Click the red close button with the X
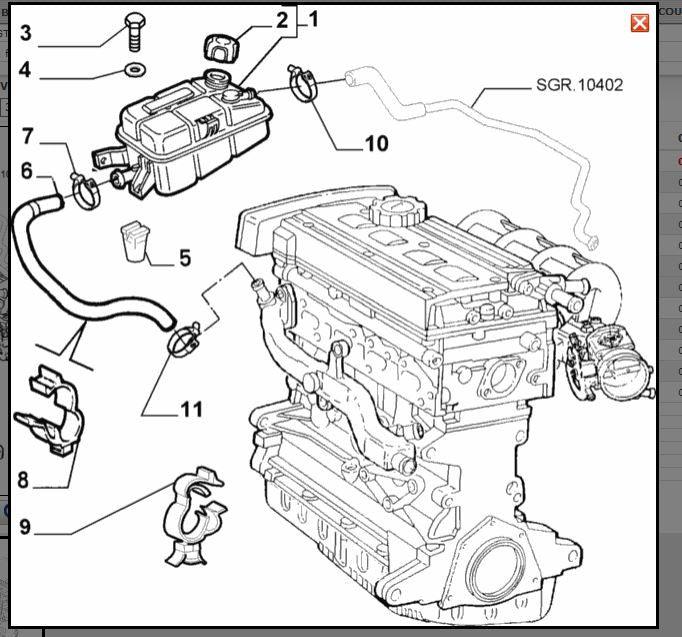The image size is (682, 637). [x=640, y=23]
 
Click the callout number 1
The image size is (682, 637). [x=313, y=18]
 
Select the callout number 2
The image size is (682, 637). [x=282, y=19]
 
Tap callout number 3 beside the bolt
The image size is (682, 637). [x=26, y=33]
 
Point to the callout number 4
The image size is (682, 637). [x=26, y=71]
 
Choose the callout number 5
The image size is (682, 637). [x=185, y=258]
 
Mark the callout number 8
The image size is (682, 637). [x=23, y=480]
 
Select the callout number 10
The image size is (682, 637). [x=376, y=144]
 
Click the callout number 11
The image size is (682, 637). [x=191, y=409]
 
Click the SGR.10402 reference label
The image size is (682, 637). [x=579, y=85]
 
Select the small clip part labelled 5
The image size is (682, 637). [x=135, y=240]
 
